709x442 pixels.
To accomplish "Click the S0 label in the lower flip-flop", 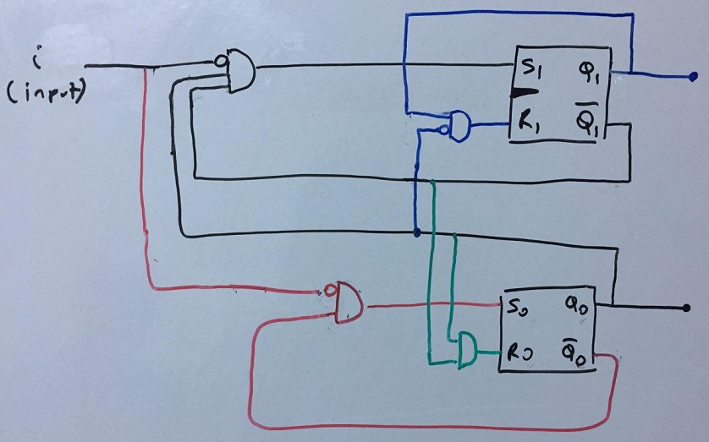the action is pos(519,309).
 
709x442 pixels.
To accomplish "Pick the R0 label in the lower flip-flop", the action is pos(519,352).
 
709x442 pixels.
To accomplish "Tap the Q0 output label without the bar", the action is pos(576,308).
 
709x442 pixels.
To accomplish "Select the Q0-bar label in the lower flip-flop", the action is pos(574,352).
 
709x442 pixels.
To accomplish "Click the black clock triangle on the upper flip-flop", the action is pos(525,93).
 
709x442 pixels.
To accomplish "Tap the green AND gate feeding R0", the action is pos(468,351).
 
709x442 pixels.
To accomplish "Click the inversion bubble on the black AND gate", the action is pos(220,61).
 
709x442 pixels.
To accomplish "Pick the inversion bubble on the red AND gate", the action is pos(329,291).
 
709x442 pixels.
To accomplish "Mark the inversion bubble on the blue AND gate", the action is pos(444,130).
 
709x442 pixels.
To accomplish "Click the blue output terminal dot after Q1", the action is pos(693,77).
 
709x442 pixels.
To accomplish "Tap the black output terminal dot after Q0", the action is pos(686,308).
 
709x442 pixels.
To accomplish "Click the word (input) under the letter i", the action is pos(46,95).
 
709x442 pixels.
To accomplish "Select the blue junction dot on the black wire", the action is pos(417,233).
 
